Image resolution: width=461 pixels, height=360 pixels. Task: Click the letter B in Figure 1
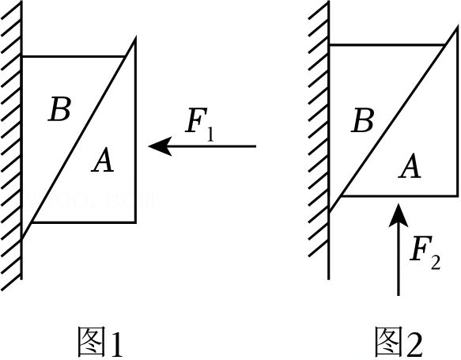pyautogui.click(x=59, y=109)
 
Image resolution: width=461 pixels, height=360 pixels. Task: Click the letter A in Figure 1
pyautogui.click(x=103, y=160)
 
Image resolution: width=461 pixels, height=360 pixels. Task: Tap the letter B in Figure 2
pyautogui.click(x=363, y=119)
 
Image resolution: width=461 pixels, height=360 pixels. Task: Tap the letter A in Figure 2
pyautogui.click(x=410, y=165)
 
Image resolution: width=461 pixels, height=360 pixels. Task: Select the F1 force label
pyautogui.click(x=200, y=125)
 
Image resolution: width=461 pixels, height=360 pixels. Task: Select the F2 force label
pyautogui.click(x=425, y=252)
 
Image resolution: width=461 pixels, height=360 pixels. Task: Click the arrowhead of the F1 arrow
pyautogui.click(x=160, y=146)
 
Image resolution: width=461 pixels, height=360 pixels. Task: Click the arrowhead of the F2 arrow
pyautogui.click(x=399, y=214)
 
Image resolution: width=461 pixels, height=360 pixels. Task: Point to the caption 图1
pyautogui.click(x=100, y=342)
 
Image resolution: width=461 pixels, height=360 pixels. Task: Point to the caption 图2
pyautogui.click(x=399, y=342)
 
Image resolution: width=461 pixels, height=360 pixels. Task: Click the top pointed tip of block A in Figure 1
pyautogui.click(x=135, y=38)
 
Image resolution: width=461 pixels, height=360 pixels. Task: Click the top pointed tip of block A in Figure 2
pyautogui.click(x=458, y=27)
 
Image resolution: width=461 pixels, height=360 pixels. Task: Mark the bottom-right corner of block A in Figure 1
pyautogui.click(x=135, y=222)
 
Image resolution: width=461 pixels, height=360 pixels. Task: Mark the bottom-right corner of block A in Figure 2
pyautogui.click(x=458, y=195)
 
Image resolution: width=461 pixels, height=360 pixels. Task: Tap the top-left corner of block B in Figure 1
pyautogui.click(x=22, y=56)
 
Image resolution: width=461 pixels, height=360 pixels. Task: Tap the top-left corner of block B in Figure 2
pyautogui.click(x=329, y=45)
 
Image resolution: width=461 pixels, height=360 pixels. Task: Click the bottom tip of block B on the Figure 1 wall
pyautogui.click(x=22, y=237)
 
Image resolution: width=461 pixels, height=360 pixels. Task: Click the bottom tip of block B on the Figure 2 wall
pyautogui.click(x=329, y=212)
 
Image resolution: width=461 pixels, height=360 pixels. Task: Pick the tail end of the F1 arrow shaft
pyautogui.click(x=256, y=146)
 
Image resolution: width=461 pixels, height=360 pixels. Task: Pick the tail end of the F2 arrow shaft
pyautogui.click(x=399, y=295)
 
